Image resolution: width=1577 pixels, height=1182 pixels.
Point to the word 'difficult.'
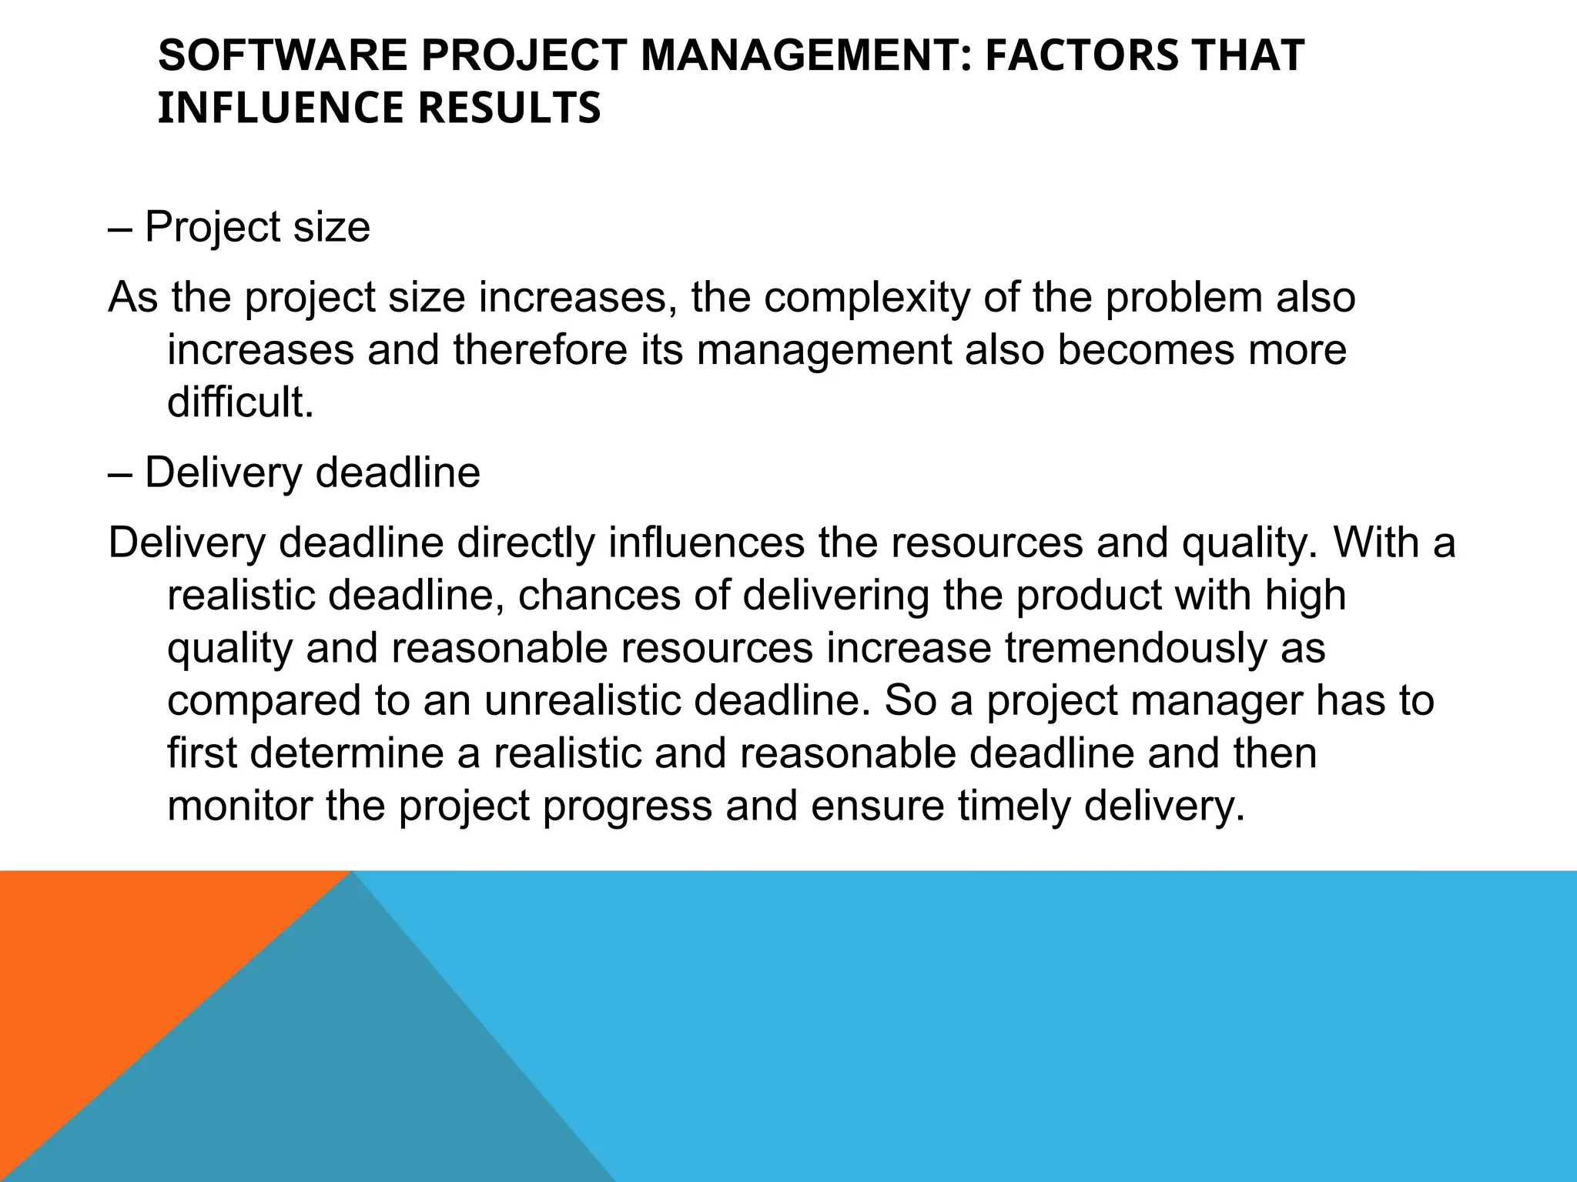pos(241,402)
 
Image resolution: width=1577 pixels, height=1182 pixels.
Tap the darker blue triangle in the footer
pos(323,1077)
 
